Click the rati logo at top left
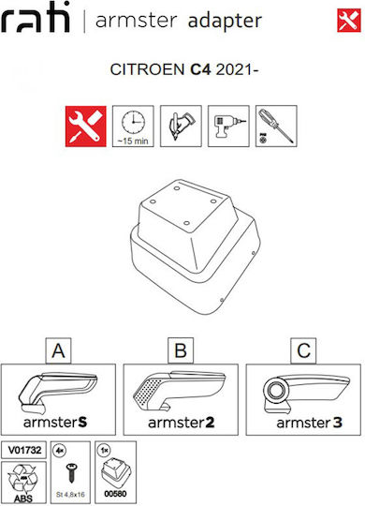coord(36,18)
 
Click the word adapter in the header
coord(225,22)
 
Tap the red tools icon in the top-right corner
coord(349,21)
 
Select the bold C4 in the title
coord(200,69)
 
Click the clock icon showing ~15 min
coord(133,126)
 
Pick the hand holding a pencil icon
coord(181,126)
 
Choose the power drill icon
coord(228,126)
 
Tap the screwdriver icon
coord(276,126)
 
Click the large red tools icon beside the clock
coord(86,126)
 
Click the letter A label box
coord(58,350)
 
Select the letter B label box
coord(181,350)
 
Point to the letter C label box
coord(303,350)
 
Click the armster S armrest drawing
coord(57,393)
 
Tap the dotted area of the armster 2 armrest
coord(148,393)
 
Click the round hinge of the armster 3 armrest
coord(276,391)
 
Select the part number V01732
coord(24,450)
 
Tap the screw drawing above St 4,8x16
coord(70,472)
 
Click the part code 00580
coord(115,494)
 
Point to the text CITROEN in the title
coord(147,69)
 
